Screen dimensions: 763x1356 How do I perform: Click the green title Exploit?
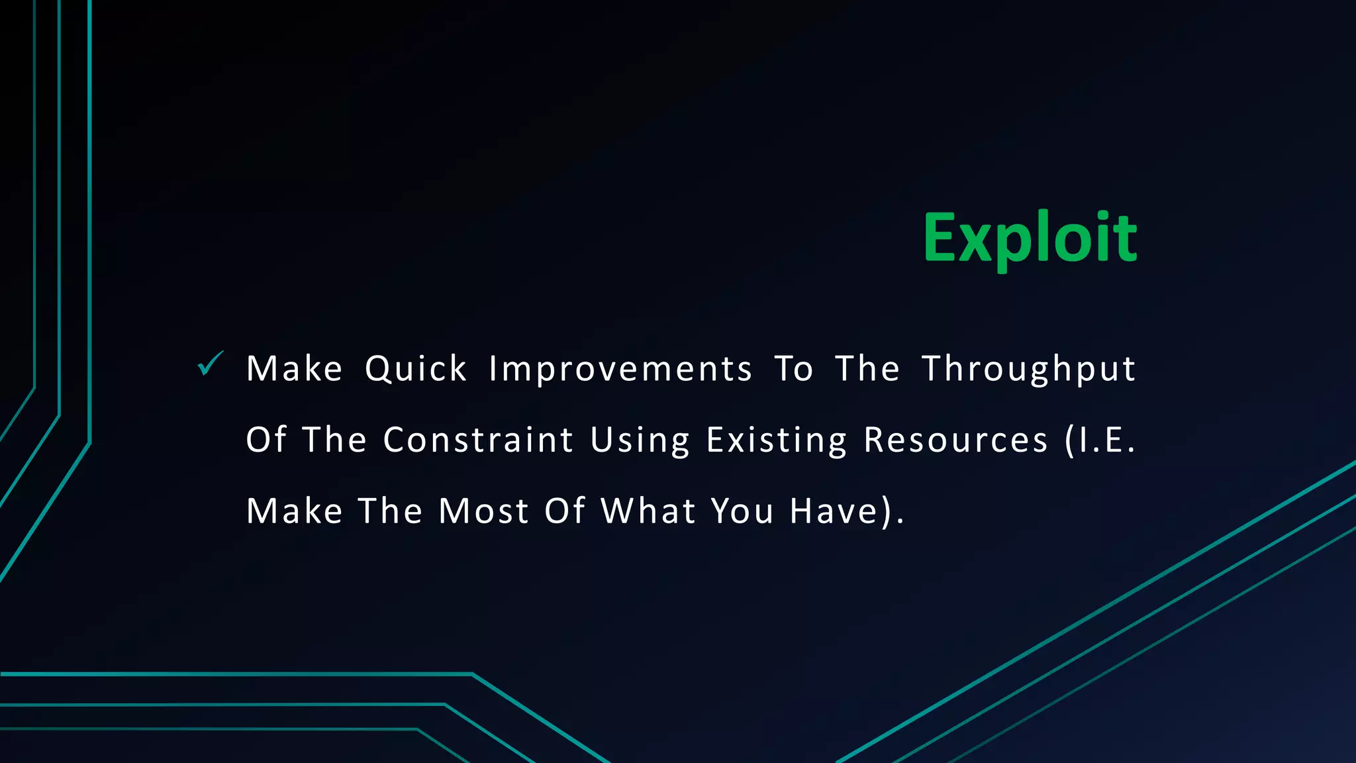pyautogui.click(x=1030, y=238)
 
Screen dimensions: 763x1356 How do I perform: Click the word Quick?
pyautogui.click(x=416, y=369)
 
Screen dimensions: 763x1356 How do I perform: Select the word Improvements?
pyautogui.click(x=620, y=369)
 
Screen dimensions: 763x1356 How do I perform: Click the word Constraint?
pyautogui.click(x=478, y=440)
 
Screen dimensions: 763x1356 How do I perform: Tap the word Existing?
pyautogui.click(x=776, y=440)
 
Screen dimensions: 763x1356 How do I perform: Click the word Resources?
pyautogui.click(x=955, y=440)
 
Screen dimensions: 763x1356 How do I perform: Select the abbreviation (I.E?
pyautogui.click(x=1100, y=440)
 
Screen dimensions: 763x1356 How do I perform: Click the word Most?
pyautogui.click(x=483, y=511)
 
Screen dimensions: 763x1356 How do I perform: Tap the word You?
pyautogui.click(x=742, y=511)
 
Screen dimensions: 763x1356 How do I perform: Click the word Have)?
pyautogui.click(x=846, y=511)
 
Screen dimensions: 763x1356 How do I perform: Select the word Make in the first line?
pyautogui.click(x=294, y=369)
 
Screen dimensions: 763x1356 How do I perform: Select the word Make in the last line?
pyautogui.click(x=294, y=511)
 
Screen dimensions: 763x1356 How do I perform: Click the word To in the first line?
pyautogui.click(x=793, y=369)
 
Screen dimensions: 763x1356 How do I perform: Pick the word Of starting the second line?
pyautogui.click(x=266, y=440)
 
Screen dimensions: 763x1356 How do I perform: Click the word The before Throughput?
pyautogui.click(x=867, y=369)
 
